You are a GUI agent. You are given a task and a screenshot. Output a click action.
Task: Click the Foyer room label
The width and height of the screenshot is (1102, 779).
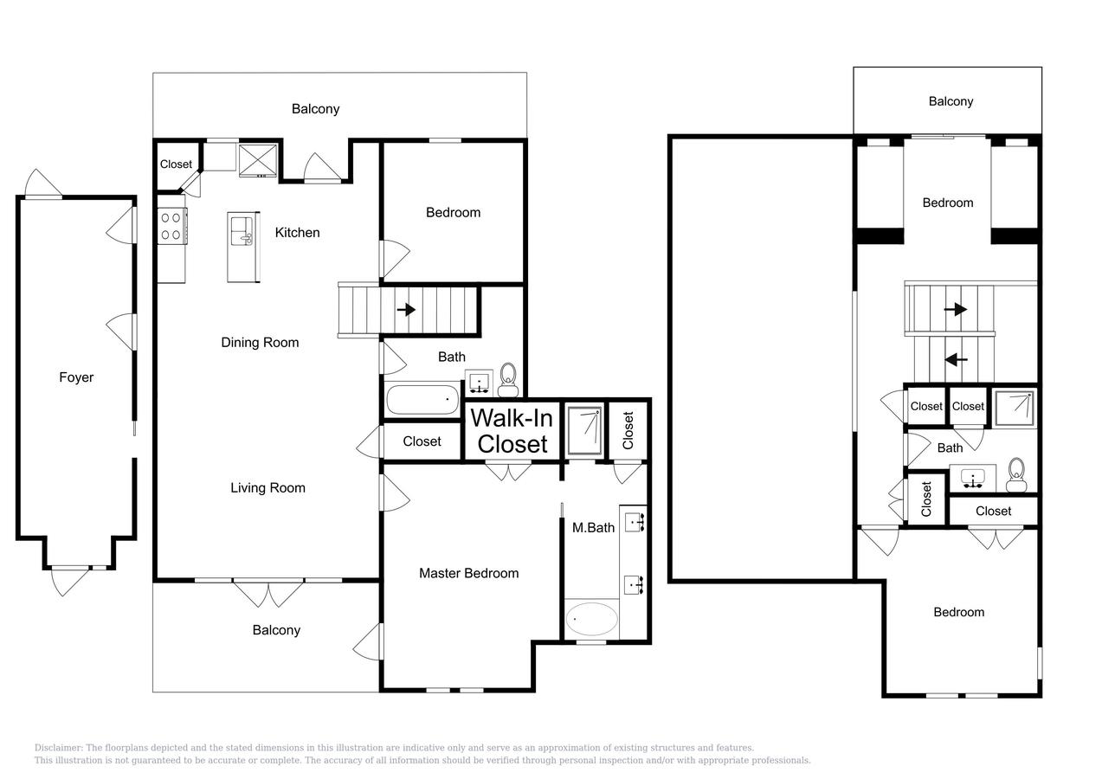pyautogui.click(x=76, y=377)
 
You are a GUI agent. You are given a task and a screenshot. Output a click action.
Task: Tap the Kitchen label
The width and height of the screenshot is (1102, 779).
pyautogui.click(x=297, y=233)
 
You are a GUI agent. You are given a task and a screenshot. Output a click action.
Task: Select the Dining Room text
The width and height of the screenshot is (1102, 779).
pyautogui.click(x=260, y=342)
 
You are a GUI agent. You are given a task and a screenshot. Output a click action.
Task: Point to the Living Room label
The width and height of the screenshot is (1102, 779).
pyautogui.click(x=267, y=488)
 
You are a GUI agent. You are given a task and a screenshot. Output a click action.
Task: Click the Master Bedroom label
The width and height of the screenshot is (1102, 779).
pyautogui.click(x=469, y=573)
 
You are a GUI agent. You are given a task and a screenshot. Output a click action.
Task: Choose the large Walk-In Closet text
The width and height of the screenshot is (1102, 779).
pyautogui.click(x=512, y=431)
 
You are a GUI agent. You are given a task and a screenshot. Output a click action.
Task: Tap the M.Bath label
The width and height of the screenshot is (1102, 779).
pyautogui.click(x=593, y=528)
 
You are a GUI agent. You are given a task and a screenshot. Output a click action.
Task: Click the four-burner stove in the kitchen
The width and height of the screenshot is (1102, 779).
pyautogui.click(x=172, y=226)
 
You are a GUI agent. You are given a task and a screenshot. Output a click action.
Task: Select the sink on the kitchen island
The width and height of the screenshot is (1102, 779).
pyautogui.click(x=242, y=231)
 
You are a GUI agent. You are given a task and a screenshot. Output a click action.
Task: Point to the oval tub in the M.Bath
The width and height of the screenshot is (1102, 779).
pyautogui.click(x=591, y=619)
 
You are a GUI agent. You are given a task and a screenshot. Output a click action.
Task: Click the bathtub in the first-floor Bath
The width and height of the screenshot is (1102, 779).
pyautogui.click(x=422, y=399)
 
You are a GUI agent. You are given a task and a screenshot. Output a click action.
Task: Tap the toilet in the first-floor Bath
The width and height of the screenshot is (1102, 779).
pyautogui.click(x=507, y=380)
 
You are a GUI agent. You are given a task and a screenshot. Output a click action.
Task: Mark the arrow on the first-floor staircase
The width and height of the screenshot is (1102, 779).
pyautogui.click(x=406, y=310)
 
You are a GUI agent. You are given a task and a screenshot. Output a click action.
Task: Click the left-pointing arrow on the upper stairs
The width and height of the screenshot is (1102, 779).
pyautogui.click(x=957, y=359)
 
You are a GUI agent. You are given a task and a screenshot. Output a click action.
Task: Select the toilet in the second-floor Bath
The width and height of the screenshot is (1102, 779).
pyautogui.click(x=1016, y=474)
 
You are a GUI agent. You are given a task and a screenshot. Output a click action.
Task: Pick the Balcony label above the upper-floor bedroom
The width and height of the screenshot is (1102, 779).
pyautogui.click(x=951, y=101)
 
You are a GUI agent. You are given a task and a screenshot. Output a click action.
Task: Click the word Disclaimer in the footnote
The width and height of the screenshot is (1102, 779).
pyautogui.click(x=59, y=748)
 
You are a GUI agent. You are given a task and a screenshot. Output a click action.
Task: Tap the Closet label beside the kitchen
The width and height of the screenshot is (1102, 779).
pyautogui.click(x=176, y=164)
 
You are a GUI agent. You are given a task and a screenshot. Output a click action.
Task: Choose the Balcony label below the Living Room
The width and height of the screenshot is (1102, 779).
pyautogui.click(x=276, y=630)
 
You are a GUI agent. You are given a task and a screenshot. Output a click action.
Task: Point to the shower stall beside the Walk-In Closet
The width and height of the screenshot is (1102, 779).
pyautogui.click(x=584, y=431)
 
